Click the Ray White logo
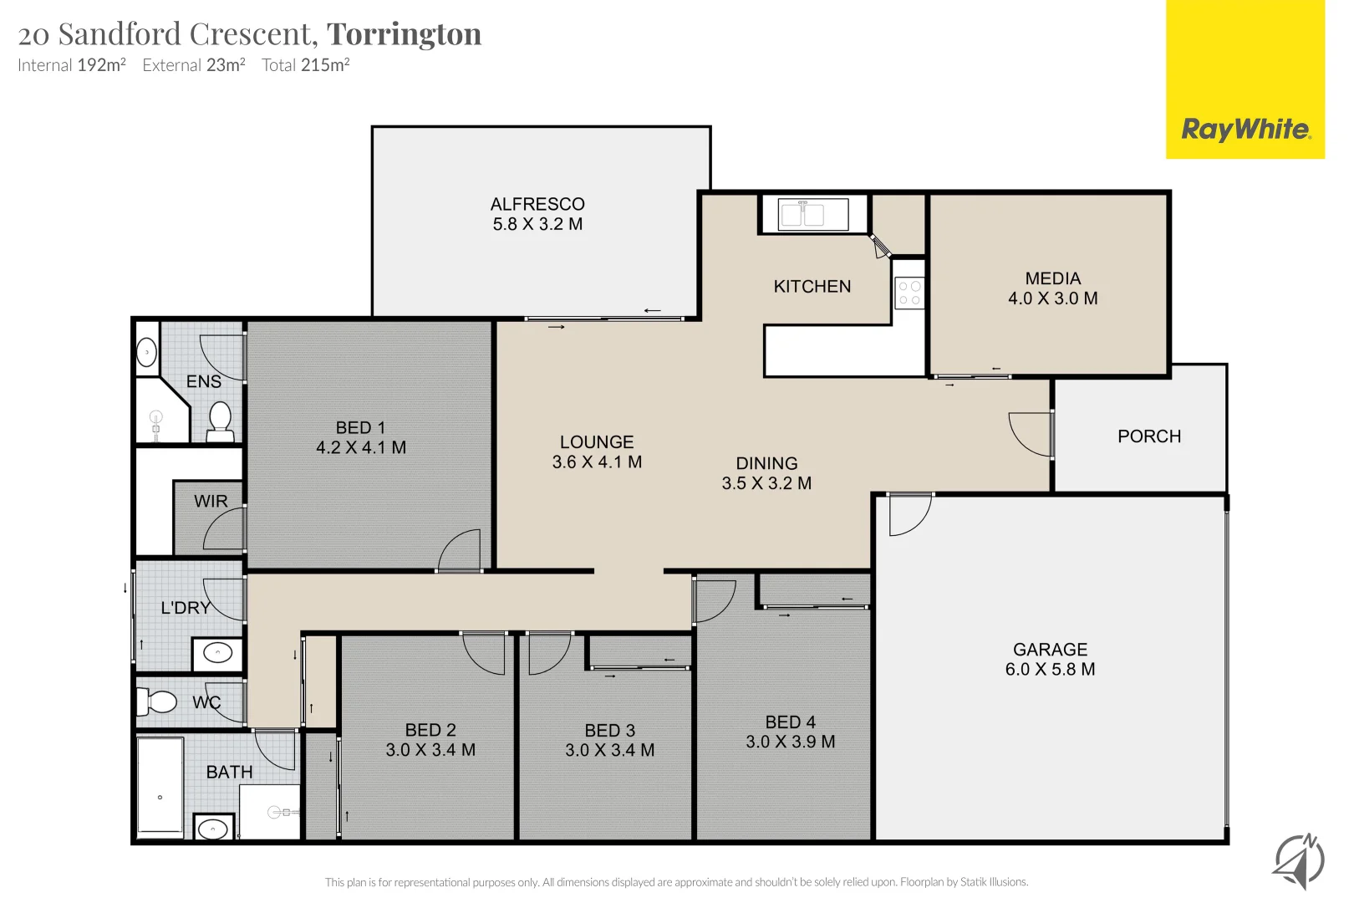coord(1245,130)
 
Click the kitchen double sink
coord(802,215)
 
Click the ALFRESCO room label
coord(537,205)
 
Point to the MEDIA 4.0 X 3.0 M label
coord(1052,288)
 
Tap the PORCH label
coord(1149,436)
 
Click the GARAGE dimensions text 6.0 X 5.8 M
coord(1050,670)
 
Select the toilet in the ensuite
coord(220,421)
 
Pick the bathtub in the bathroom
coord(160,786)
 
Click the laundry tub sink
coord(218,653)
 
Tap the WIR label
coord(211,502)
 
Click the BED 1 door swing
coord(461,552)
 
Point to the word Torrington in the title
coord(404,34)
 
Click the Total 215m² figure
coord(306,65)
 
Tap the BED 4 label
coord(790,722)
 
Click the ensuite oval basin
coord(147,353)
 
